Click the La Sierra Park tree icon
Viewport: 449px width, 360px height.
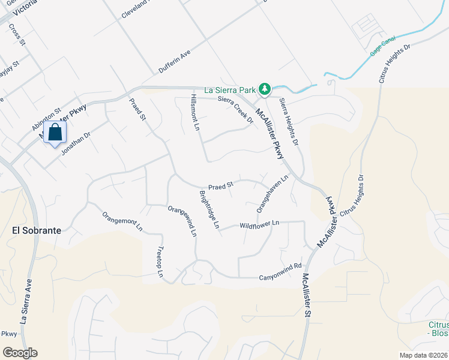(x=264, y=89)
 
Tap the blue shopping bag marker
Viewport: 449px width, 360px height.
(x=55, y=133)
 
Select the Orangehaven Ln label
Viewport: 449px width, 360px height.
(x=273, y=193)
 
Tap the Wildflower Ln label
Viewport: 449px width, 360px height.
(x=259, y=224)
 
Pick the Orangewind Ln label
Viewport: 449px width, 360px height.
(x=182, y=220)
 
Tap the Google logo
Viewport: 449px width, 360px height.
(x=19, y=353)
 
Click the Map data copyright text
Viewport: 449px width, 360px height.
(x=423, y=355)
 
